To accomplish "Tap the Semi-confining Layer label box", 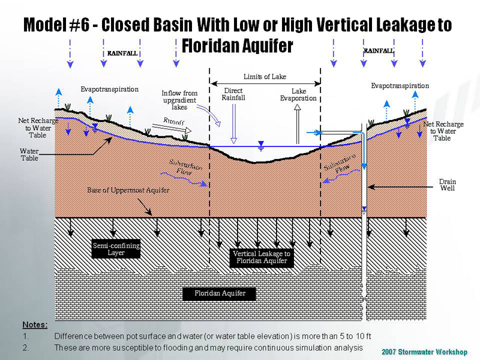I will [x=116, y=249].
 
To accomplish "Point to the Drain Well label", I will [x=447, y=185].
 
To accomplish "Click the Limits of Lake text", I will [x=265, y=77].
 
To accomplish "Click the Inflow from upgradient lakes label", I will [x=179, y=100].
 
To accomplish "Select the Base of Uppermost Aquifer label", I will [x=128, y=190].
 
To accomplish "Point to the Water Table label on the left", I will [x=30, y=155].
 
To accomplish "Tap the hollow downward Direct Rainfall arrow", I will [x=233, y=124].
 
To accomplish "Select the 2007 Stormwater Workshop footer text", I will [x=424, y=351].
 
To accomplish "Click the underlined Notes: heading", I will [x=35, y=325].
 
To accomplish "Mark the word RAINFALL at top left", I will [x=122, y=53].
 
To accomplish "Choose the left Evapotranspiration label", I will [x=110, y=89].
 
